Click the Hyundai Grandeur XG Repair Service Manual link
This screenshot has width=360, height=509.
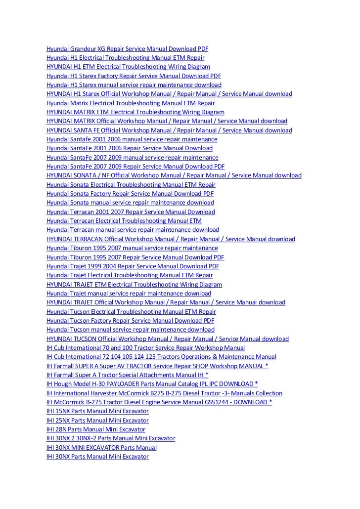point(127,49)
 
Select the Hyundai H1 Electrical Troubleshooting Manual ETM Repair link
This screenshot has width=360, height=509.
point(125,58)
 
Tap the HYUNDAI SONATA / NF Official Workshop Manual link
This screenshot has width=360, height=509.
point(174,175)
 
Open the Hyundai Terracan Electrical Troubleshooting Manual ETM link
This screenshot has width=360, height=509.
point(124,221)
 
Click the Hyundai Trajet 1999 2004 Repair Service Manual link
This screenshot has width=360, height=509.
point(133,266)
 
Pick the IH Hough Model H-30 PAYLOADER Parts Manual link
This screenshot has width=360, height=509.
point(152,384)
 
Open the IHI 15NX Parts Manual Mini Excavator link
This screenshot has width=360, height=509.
point(97,412)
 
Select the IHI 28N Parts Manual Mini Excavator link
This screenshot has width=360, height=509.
point(96,430)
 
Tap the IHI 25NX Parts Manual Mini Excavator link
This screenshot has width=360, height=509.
point(97,421)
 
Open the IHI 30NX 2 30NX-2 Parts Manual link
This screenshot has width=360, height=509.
point(111,439)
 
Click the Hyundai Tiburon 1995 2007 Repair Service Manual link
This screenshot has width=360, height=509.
point(135,257)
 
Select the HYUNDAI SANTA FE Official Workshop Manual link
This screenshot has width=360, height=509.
point(169,130)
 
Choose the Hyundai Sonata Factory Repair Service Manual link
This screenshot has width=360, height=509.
point(131,194)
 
